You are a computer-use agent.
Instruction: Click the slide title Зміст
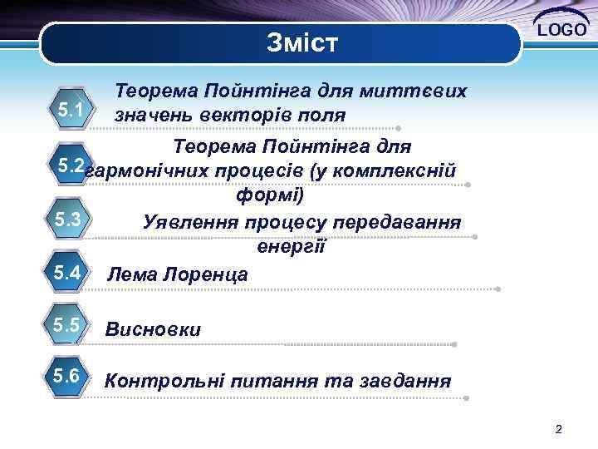pyautogui.click(x=302, y=42)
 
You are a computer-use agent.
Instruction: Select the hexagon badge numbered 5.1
pyautogui.click(x=71, y=109)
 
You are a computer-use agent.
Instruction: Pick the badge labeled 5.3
pyautogui.click(x=66, y=220)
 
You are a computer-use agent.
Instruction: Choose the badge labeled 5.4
pyautogui.click(x=66, y=271)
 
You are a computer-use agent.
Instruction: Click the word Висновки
pyautogui.click(x=153, y=329)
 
